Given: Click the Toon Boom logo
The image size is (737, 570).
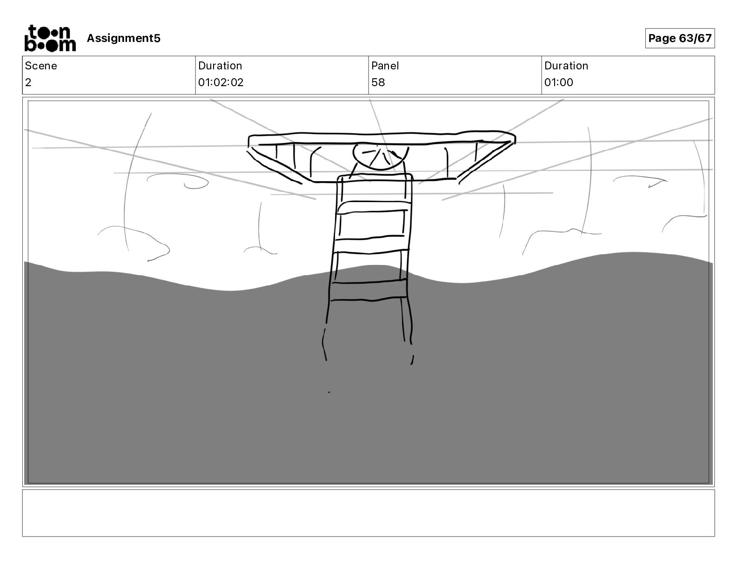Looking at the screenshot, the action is coord(50,38).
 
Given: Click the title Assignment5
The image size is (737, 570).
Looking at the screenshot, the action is coord(123,38).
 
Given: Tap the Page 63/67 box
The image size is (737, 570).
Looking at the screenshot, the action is coord(679,38).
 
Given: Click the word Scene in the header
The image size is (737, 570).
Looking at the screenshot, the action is coord(41,66).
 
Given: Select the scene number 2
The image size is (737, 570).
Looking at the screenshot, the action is coord(28,82).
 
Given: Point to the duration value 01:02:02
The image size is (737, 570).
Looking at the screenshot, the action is coord(221,82).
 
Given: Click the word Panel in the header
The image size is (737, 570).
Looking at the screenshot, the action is coord(385,66).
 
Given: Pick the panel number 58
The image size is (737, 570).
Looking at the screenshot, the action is coord(378,82).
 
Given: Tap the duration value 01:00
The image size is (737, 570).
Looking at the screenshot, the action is coord(558,82).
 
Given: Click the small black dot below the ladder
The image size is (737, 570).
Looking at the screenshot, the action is coord(329,393).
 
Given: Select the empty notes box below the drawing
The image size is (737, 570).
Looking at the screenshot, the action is coord(368,513).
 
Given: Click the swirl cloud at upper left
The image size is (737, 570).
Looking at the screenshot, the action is coord(181,181).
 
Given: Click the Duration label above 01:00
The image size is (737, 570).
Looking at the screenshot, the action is coord(566,66).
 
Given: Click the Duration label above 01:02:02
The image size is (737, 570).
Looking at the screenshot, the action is coord(220,66).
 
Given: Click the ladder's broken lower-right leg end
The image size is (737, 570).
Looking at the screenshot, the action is coord(412,360).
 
